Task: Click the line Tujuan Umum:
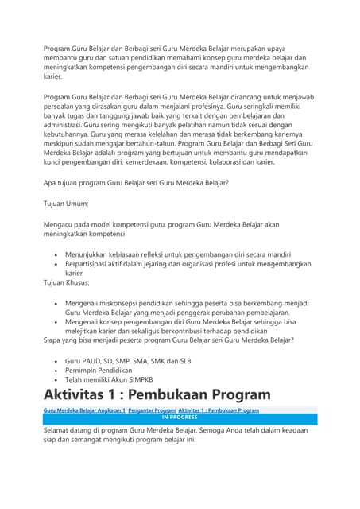65,204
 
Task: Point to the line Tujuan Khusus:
67,282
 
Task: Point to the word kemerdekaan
184,161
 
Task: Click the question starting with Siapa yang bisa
168,340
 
